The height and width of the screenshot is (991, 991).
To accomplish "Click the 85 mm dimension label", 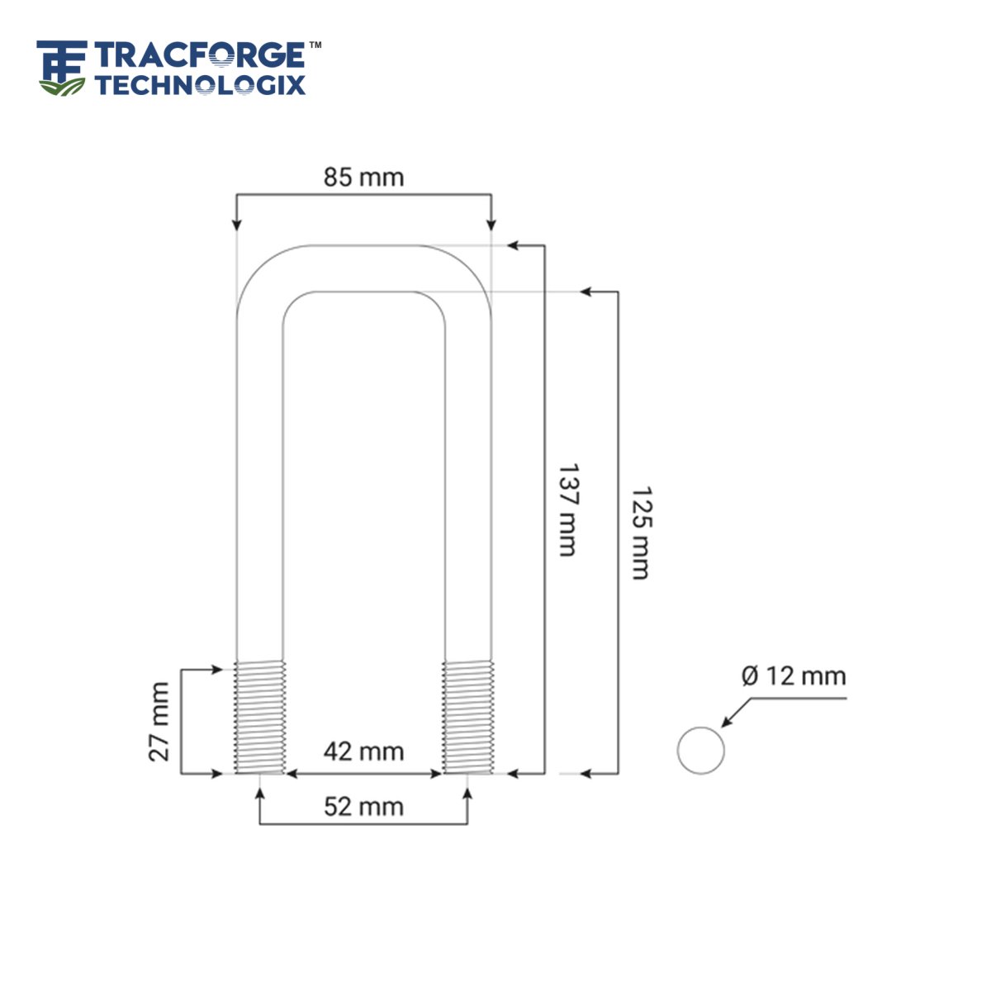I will click(x=363, y=177).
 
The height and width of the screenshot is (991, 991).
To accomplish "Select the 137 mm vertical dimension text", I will click(x=567, y=510).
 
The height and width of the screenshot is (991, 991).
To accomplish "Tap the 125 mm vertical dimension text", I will click(x=640, y=533).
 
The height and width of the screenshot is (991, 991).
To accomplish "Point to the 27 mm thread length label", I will click(x=159, y=721).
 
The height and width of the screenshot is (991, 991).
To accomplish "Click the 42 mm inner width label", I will click(x=363, y=752).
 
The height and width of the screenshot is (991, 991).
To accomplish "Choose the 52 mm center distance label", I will click(x=363, y=806).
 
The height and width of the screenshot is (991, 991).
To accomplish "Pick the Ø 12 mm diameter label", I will click(x=794, y=676).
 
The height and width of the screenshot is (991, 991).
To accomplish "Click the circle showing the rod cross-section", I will click(x=700, y=751).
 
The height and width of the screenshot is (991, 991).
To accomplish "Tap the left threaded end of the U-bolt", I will click(x=260, y=717).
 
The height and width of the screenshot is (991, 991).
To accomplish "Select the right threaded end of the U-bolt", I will click(x=468, y=717).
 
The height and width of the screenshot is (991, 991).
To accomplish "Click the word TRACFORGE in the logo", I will click(x=199, y=56).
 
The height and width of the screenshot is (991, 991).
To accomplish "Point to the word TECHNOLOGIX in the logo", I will click(x=200, y=84).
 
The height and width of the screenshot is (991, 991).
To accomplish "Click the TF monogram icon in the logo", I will click(x=61, y=66).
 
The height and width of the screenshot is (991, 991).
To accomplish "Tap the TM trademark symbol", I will click(x=315, y=45).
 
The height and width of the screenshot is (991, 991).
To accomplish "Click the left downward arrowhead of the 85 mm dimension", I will click(x=237, y=224).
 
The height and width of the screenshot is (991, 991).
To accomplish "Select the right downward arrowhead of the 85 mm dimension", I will click(x=491, y=224).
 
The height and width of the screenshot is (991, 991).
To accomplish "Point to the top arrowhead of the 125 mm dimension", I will click(x=586, y=292).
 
